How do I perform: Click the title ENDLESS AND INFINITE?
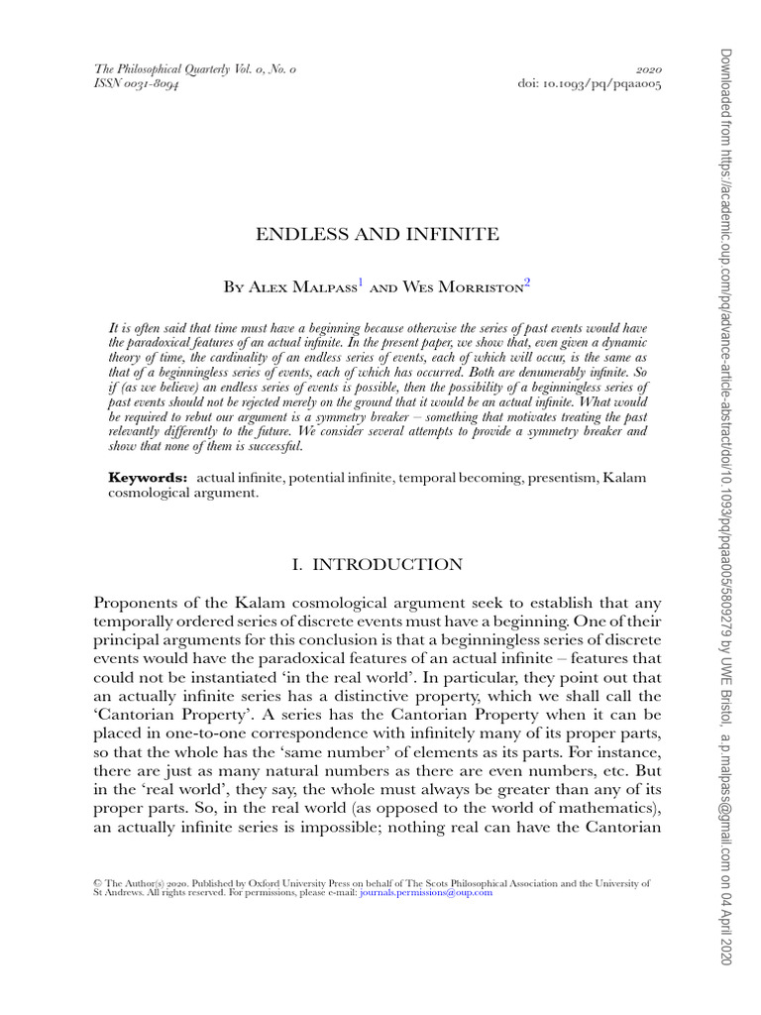tap(378, 235)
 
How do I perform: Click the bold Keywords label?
tap(148, 479)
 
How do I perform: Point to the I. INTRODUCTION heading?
tap(377, 565)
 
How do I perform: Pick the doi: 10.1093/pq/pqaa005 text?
tap(590, 84)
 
